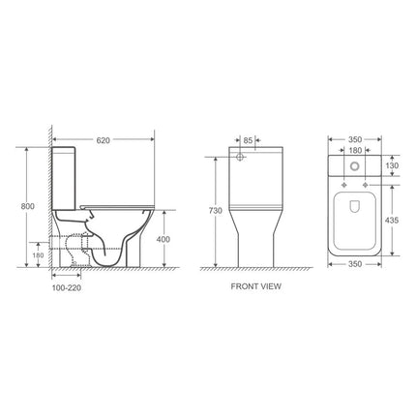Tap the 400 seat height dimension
tap(163, 238)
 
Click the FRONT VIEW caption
tap(255, 287)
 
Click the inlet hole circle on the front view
tap(239, 157)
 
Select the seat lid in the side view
tap(116, 198)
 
